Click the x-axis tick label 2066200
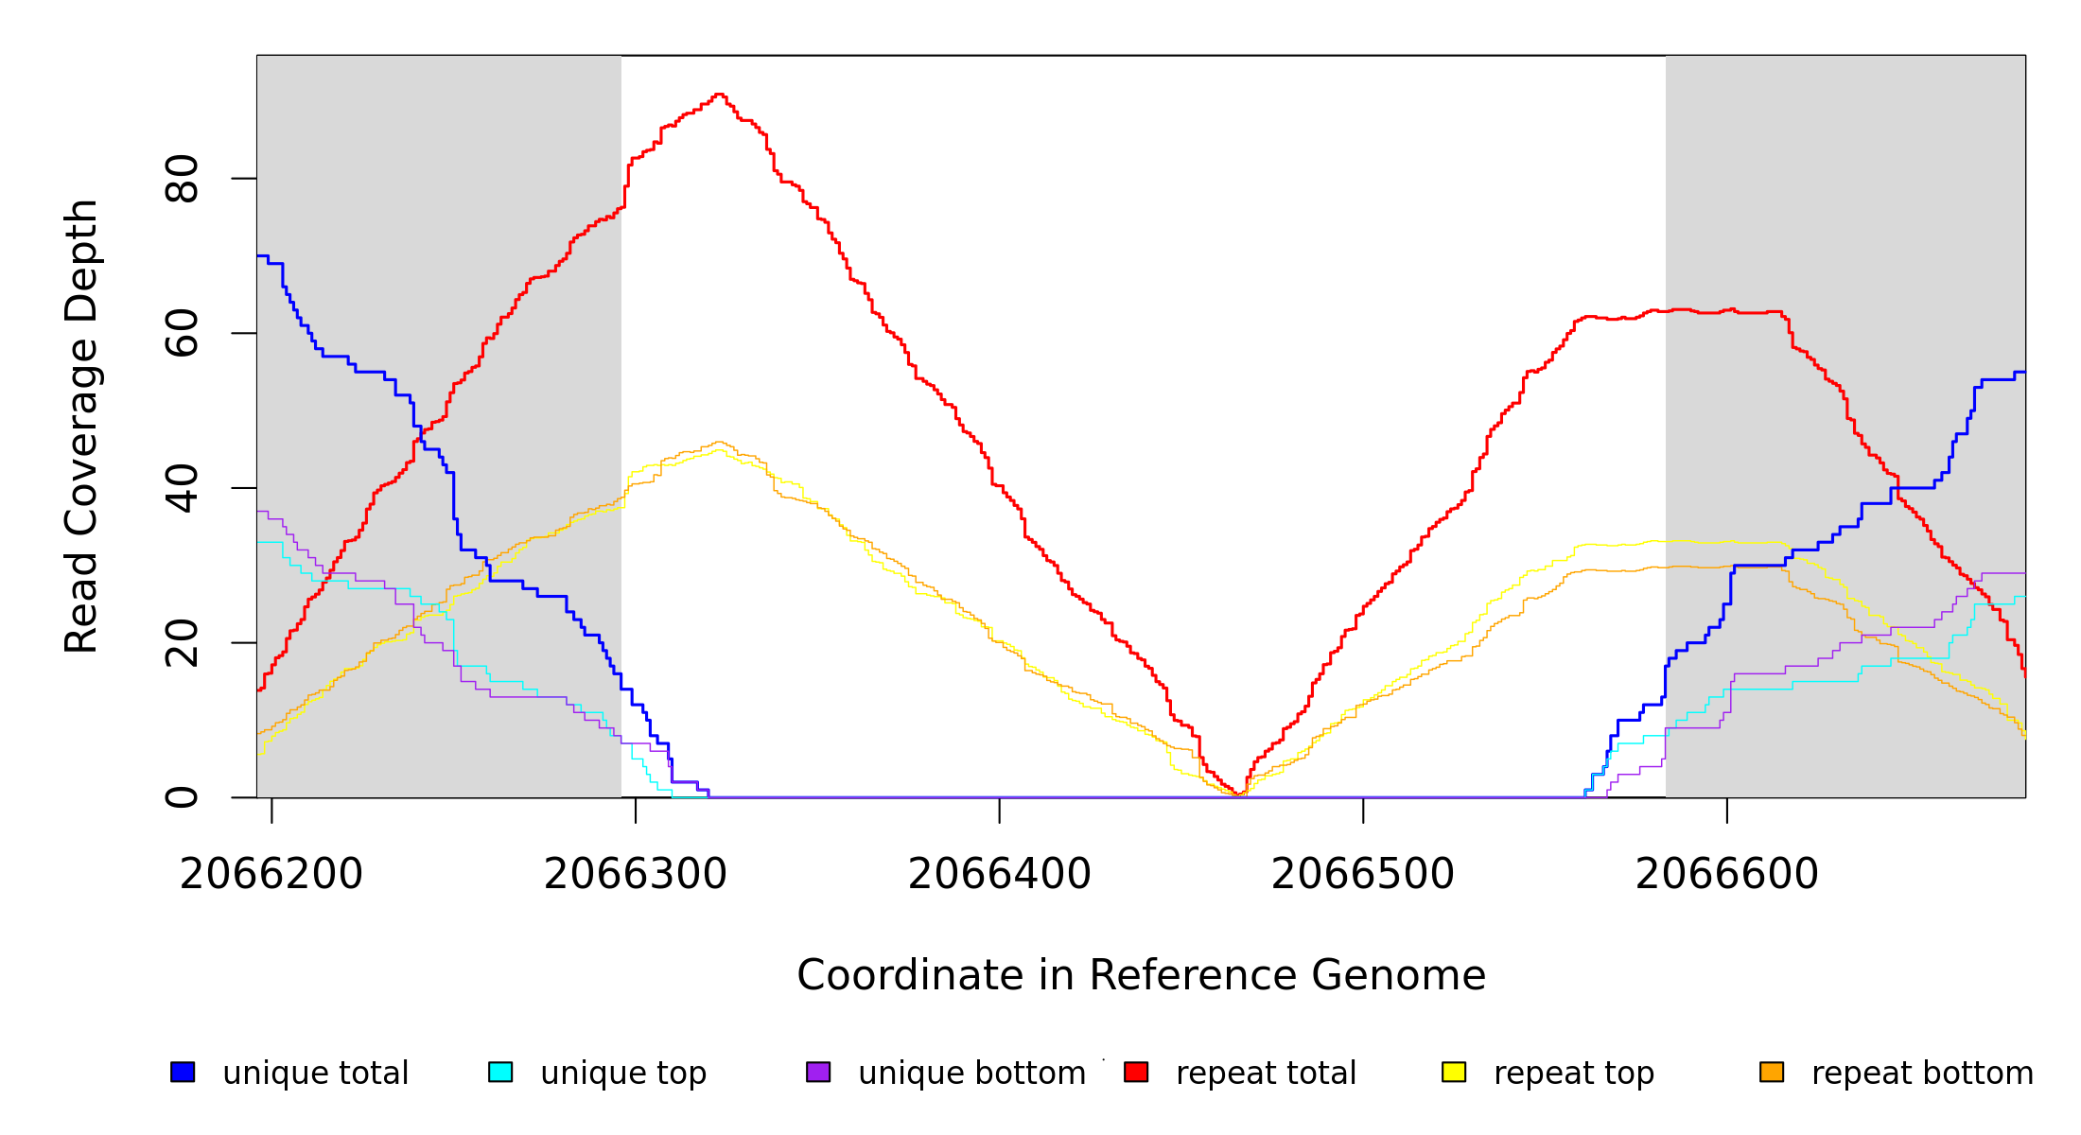click(271, 875)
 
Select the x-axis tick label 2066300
click(636, 875)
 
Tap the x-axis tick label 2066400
click(1000, 875)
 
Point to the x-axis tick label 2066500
click(1363, 875)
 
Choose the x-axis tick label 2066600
click(1727, 875)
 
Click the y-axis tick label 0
click(182, 797)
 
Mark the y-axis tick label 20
click(182, 643)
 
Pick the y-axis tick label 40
click(182, 488)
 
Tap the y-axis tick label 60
click(182, 333)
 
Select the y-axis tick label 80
click(182, 179)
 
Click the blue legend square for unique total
click(183, 1072)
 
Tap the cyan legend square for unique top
click(500, 1072)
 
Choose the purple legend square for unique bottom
click(818, 1072)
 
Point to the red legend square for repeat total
click(1136, 1072)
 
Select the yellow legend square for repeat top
click(1454, 1072)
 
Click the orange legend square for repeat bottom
click(1772, 1072)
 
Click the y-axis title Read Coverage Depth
click(81, 426)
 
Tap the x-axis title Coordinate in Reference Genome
click(1141, 975)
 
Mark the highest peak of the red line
click(719, 95)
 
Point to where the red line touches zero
click(1239, 794)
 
